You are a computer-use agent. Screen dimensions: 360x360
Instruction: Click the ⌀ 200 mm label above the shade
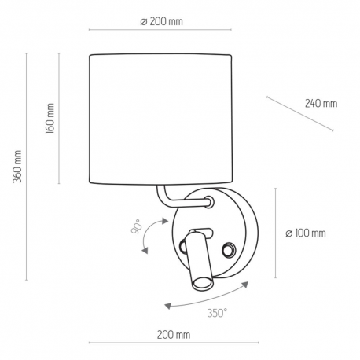tap(161, 21)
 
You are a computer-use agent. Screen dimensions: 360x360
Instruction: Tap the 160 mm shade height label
tap(50, 119)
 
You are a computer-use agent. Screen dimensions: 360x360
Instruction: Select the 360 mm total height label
tap(17, 167)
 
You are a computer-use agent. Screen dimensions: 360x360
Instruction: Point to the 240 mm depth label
tap(321, 104)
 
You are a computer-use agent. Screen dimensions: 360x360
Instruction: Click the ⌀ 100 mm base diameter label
tap(306, 233)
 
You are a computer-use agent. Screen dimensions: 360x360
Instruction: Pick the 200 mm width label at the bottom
tap(174, 335)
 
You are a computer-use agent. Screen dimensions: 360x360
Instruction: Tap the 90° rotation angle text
tap(136, 226)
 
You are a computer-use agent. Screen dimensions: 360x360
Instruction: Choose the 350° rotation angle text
tap(217, 313)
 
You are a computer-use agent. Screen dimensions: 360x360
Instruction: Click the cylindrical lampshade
tap(160, 119)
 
